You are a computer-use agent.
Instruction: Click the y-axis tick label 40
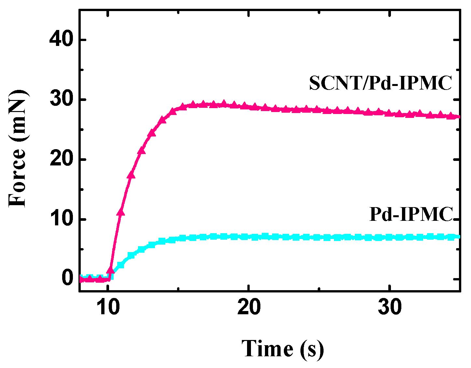click(61, 40)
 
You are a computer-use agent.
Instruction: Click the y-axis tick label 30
click(61, 100)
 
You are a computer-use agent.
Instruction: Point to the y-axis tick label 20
click(61, 160)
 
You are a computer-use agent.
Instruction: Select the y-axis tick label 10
click(61, 219)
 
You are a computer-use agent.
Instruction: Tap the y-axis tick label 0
click(67, 279)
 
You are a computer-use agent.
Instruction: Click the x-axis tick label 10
click(108, 307)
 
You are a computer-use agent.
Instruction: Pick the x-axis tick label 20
click(249, 307)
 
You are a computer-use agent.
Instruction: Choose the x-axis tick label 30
click(390, 307)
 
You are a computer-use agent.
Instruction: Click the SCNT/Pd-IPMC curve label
click(381, 83)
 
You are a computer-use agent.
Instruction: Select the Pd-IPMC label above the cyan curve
click(411, 214)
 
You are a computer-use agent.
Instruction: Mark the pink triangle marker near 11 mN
click(121, 212)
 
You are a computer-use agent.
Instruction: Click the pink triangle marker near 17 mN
click(131, 175)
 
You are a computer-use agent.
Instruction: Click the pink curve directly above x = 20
click(249, 106)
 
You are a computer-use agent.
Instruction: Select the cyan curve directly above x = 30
click(390, 237)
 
